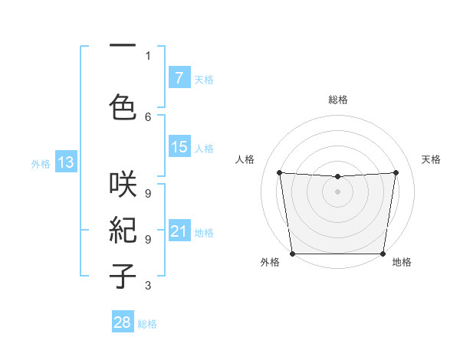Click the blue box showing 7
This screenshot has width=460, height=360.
(x=179, y=77)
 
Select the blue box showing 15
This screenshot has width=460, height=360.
(x=179, y=147)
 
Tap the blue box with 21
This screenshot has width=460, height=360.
(x=179, y=231)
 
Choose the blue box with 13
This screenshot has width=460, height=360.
(x=65, y=162)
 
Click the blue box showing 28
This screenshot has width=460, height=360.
(x=122, y=322)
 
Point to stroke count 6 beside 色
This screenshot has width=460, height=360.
(x=148, y=116)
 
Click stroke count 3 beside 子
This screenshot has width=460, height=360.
(x=148, y=286)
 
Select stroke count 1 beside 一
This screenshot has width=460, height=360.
(x=148, y=55)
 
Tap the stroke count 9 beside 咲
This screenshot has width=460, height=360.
(x=148, y=194)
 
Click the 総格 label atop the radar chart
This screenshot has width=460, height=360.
(x=337, y=100)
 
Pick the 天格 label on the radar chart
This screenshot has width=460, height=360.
(x=431, y=159)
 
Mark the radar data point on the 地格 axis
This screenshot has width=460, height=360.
(x=383, y=254)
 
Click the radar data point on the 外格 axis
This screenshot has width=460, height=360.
(x=292, y=254)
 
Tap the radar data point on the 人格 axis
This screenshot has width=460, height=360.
(x=279, y=172)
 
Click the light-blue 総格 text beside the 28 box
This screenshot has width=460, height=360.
(x=147, y=324)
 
